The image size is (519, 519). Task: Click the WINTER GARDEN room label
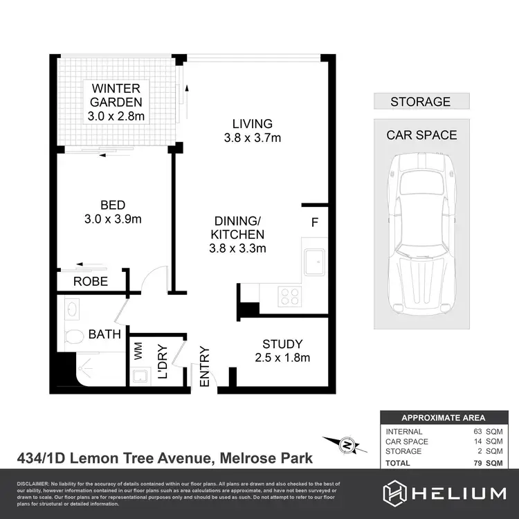coord(116,95)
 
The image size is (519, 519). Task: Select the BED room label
coord(113,205)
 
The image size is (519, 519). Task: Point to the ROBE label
coord(91,282)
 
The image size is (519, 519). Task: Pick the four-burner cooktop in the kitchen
coord(289,297)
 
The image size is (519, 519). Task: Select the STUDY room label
coord(282,344)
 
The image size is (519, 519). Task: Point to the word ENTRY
coord(204,366)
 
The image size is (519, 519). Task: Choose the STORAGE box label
coord(420,102)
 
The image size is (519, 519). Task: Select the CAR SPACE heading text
coord(421,135)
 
